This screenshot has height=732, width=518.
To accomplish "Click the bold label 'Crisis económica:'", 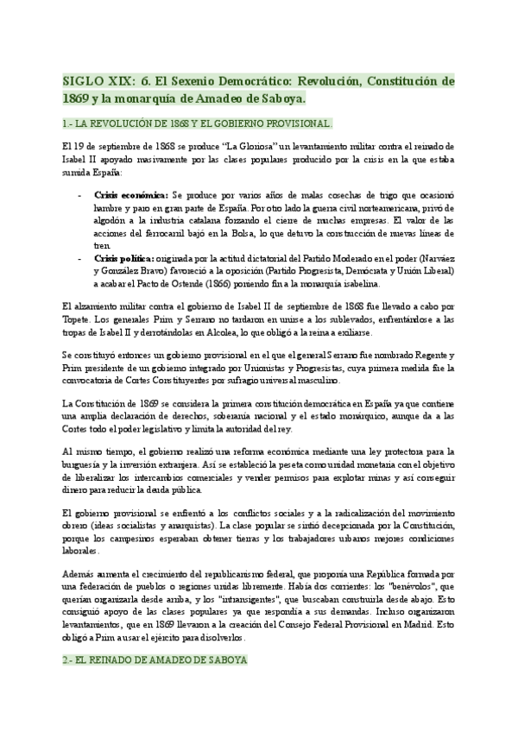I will [131, 196].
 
